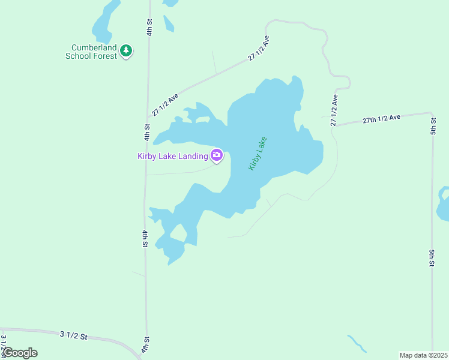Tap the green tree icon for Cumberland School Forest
click(x=126, y=51)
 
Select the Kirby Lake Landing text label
click(x=173, y=157)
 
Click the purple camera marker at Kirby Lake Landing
click(x=217, y=156)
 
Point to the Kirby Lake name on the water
click(x=258, y=153)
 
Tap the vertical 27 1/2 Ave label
click(x=334, y=110)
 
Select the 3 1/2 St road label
click(x=74, y=335)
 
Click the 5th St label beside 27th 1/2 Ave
click(x=433, y=126)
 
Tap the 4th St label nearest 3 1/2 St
click(x=145, y=344)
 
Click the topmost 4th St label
click(x=149, y=28)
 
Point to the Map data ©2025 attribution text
click(x=423, y=355)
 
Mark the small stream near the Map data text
click(x=357, y=343)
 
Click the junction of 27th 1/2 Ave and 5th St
click(x=432, y=113)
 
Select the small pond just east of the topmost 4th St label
click(x=168, y=23)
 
